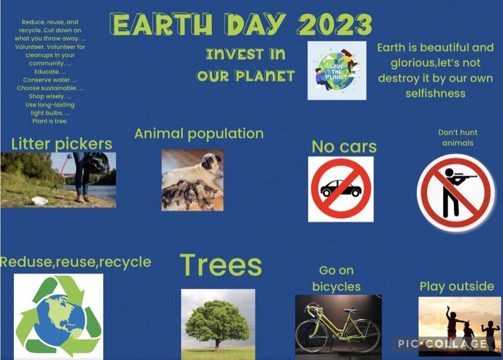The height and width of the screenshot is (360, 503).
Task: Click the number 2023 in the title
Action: pos(334,25)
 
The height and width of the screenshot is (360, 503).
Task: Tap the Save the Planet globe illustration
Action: pos(337,70)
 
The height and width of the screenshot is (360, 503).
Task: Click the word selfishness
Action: pos(435,93)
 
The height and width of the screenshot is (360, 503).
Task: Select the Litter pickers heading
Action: pos(62,144)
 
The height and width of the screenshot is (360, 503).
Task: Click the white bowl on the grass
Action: pos(40,201)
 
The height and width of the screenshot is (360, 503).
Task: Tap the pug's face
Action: pos(212,162)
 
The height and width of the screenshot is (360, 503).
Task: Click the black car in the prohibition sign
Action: pos(341,188)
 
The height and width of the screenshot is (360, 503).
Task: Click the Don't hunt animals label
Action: pos(458,137)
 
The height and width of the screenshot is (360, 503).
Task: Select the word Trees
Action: pos(221,265)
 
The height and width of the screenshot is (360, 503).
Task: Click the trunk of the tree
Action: pos(218,346)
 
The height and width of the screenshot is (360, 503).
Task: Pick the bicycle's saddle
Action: pos(350,310)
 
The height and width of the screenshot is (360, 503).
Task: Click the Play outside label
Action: pos(457,286)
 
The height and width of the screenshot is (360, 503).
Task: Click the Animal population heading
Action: pos(199,134)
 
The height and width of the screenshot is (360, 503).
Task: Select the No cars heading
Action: pos(344,147)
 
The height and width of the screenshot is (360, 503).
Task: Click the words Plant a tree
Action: pos(50,121)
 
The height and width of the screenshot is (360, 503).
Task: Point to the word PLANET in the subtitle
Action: pos(265,76)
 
